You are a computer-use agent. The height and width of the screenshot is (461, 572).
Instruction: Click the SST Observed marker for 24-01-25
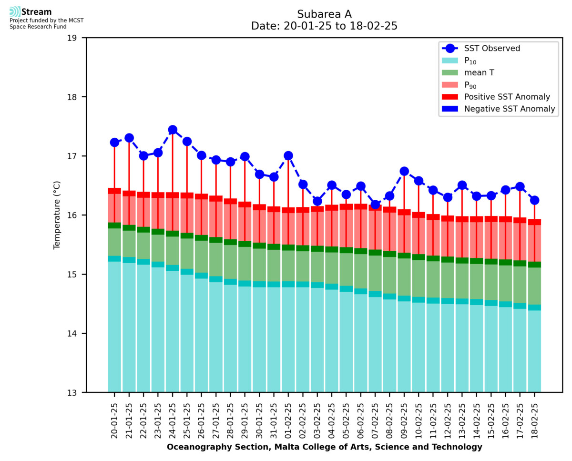point(173,130)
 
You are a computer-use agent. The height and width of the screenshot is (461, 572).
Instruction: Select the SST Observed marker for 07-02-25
point(375,205)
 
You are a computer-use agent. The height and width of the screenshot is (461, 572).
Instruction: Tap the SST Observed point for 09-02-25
point(404,171)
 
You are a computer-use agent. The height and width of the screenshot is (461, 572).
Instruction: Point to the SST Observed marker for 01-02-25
point(288,155)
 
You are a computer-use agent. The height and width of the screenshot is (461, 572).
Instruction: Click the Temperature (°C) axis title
point(57,215)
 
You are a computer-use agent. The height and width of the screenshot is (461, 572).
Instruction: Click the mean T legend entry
point(479,73)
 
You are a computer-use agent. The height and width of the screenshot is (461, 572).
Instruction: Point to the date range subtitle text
point(324,26)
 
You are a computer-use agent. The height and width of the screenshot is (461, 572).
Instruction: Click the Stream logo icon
point(15,11)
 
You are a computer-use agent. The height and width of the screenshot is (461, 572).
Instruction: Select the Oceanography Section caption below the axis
point(324,447)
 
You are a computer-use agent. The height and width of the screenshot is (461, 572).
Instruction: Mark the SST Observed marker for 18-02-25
point(534,200)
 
